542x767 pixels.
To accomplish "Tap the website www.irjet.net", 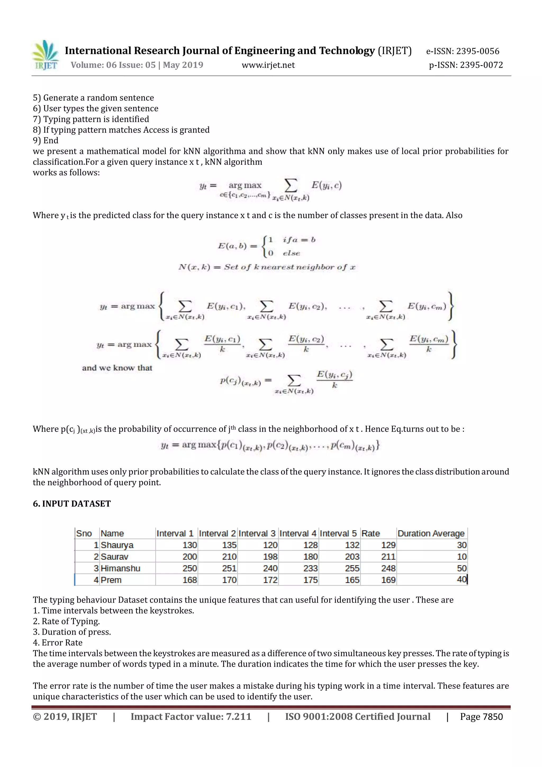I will point(268,65).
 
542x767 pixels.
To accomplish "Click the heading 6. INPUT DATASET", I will point(71,503).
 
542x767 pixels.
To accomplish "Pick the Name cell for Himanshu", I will point(120,568).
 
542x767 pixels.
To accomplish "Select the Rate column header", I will point(371,533).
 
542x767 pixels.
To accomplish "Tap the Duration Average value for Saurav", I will point(462,556).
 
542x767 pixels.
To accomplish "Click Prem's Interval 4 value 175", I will point(310,580).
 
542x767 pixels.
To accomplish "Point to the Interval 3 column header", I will point(257,533).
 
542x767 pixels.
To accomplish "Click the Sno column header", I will point(84,533).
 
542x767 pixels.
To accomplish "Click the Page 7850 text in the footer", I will point(481,717).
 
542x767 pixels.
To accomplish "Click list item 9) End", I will point(46,140).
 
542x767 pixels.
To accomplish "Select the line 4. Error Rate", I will point(57,643).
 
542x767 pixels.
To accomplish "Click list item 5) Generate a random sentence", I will point(93,97).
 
